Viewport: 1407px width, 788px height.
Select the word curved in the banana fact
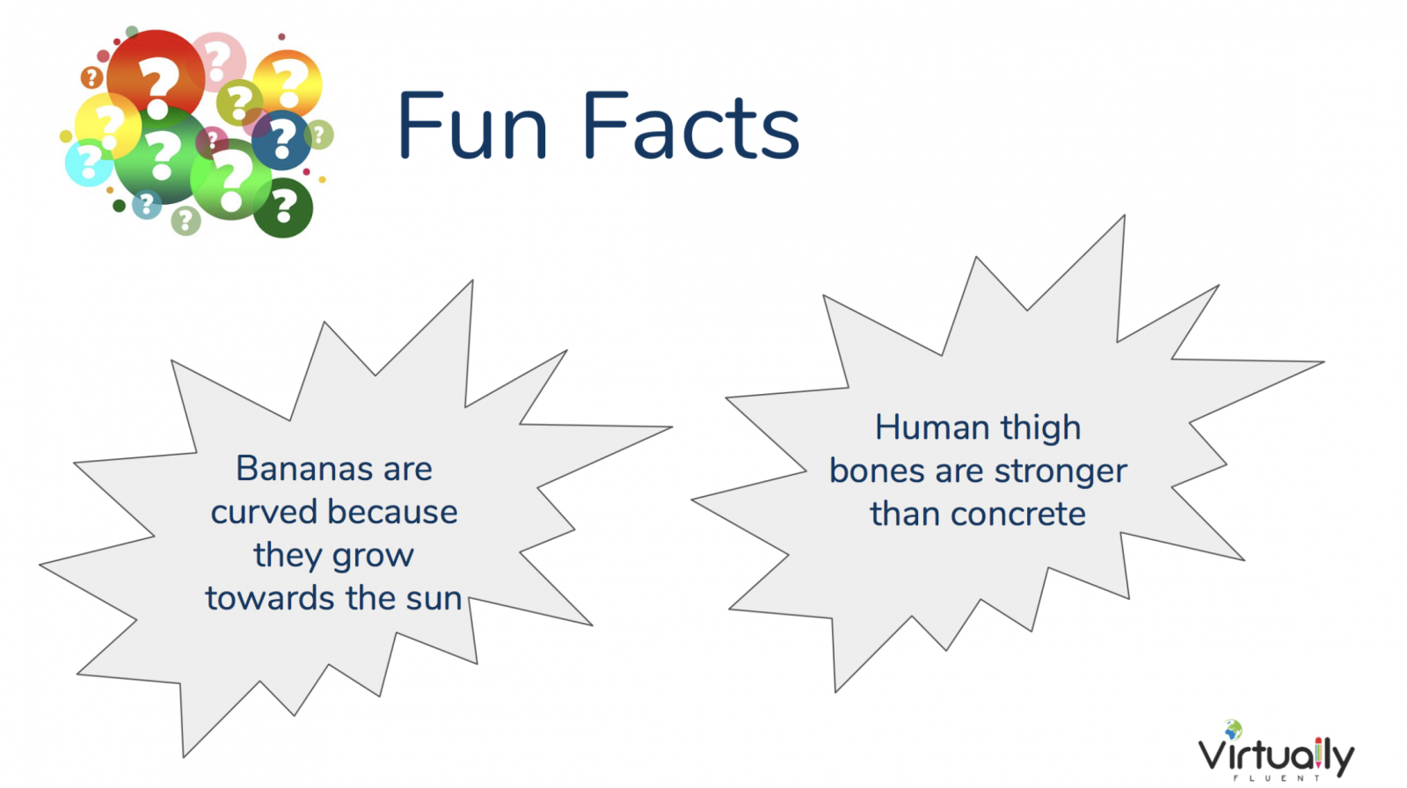click(264, 512)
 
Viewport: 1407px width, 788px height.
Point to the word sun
click(434, 598)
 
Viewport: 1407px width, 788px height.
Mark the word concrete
click(1017, 514)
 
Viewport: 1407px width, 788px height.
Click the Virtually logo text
click(1276, 756)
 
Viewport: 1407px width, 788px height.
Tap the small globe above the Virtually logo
click(1233, 730)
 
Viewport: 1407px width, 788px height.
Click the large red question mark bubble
click(156, 77)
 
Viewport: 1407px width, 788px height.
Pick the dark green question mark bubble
click(282, 208)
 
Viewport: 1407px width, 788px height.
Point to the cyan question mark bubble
click(89, 162)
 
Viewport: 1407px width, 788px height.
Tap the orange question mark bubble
click(288, 84)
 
